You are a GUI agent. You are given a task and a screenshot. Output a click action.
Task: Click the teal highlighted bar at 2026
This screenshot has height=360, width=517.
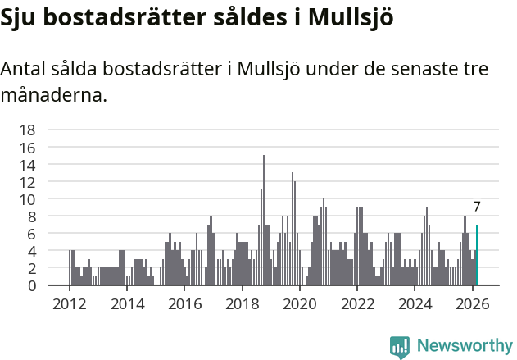tap(477, 255)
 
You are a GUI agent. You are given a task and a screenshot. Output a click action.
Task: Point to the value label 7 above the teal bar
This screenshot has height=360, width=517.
tap(477, 207)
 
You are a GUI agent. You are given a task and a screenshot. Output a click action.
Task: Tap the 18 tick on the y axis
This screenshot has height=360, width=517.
tap(27, 130)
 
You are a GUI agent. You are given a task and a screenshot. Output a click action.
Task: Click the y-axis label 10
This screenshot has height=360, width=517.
tap(27, 199)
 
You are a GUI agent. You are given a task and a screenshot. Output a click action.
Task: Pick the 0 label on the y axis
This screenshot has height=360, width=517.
tap(31, 285)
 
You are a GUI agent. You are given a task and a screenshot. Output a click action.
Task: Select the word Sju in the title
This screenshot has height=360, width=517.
tap(19, 18)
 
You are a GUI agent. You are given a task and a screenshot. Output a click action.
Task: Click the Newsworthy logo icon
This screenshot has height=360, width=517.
tap(400, 346)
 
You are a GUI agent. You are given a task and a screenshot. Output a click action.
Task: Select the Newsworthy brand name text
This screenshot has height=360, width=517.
tap(464, 346)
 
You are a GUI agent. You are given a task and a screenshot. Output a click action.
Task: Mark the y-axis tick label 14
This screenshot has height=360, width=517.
tap(27, 164)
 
